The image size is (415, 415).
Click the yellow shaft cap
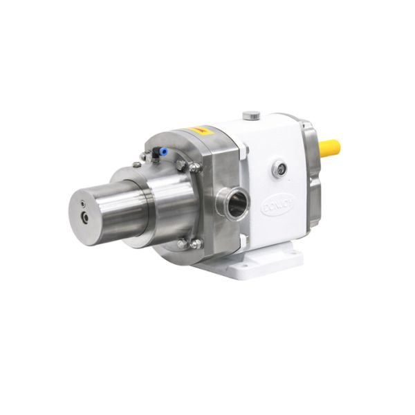coord(330,147)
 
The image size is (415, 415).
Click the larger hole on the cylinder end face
coord(85,217)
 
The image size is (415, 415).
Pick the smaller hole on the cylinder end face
coord(84,203)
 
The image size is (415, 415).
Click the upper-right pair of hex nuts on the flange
coord(188,167)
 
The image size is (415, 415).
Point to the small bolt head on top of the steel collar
coord(136,164)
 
